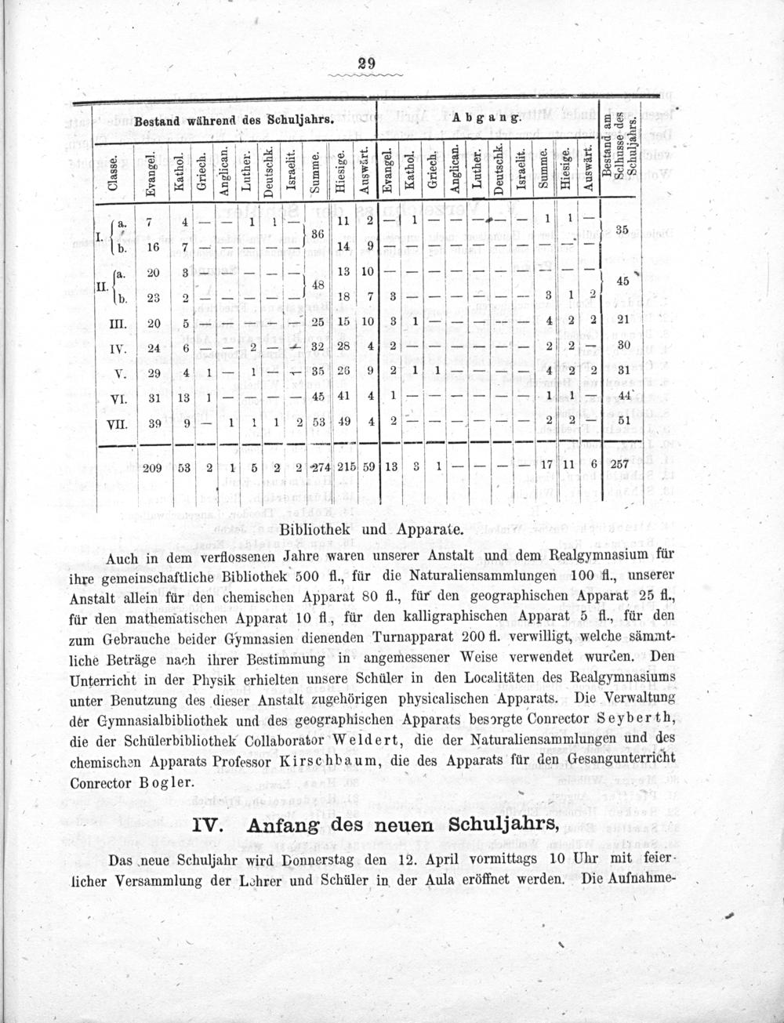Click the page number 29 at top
[x=364, y=64]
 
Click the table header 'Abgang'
[x=486, y=118]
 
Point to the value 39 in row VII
[x=154, y=423]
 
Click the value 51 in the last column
[x=623, y=423]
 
